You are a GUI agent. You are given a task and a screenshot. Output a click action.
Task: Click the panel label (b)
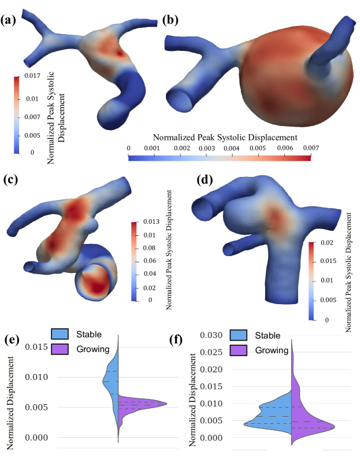171,21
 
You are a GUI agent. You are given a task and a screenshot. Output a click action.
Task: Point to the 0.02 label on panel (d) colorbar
327,245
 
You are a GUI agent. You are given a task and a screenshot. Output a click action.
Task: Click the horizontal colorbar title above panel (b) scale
225,138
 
